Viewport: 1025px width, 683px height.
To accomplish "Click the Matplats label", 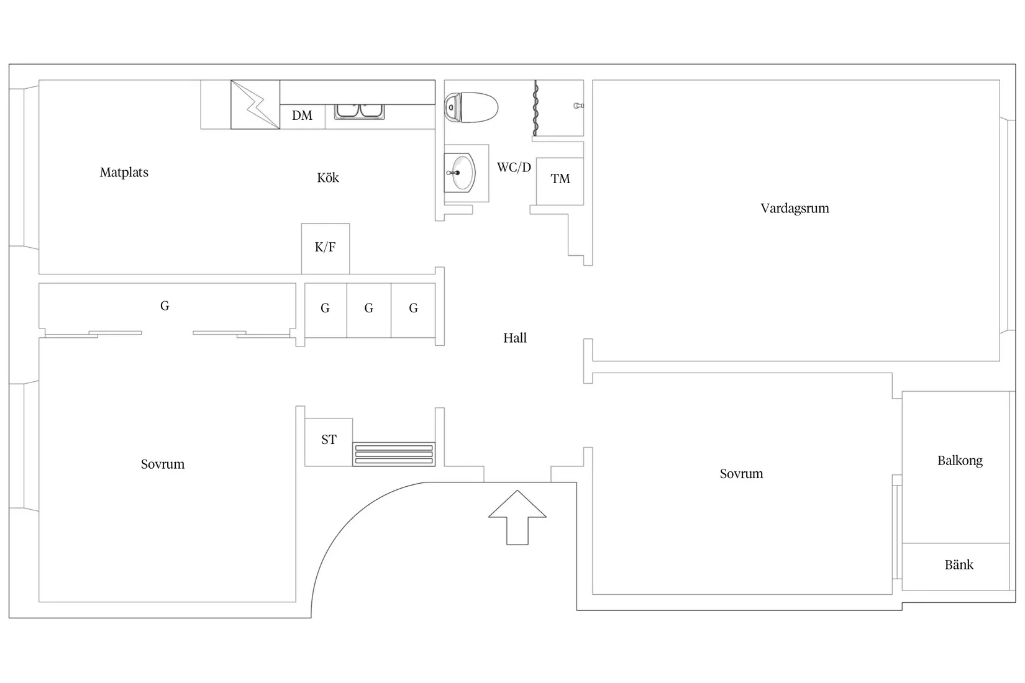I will click(124, 173).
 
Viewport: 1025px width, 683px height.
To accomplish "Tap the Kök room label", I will click(328, 178).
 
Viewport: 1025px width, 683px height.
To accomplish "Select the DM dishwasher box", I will click(303, 116).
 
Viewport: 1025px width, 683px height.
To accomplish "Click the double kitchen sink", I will click(360, 111).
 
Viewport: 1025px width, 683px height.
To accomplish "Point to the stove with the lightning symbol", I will click(255, 104).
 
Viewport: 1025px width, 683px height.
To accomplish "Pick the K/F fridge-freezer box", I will click(326, 248).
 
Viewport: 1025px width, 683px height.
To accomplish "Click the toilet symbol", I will click(472, 107).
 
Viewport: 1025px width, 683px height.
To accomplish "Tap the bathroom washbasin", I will click(461, 173).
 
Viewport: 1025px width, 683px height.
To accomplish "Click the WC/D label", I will click(514, 168).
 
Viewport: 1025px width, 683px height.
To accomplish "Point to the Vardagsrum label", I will click(795, 209).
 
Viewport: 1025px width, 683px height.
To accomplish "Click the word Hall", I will click(515, 338).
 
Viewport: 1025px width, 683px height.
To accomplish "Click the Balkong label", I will click(960, 461).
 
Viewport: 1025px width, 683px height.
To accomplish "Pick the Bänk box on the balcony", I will click(959, 566).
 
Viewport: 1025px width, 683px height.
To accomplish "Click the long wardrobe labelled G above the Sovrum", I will click(165, 306).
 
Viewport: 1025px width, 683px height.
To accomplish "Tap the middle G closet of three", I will click(369, 309).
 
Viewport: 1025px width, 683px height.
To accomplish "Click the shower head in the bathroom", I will click(579, 106).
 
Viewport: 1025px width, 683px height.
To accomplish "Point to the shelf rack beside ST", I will click(393, 455).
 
